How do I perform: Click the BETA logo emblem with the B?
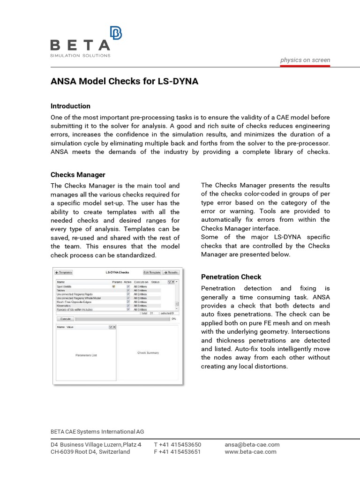pos(115,34)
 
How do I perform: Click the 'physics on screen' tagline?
pos(305,60)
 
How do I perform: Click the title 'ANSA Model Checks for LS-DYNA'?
pos(124,82)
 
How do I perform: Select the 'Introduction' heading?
pos(70,106)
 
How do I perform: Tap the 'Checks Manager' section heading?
pos(78,175)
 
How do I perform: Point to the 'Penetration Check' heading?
pos(231,277)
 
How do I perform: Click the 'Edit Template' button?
pos(152,272)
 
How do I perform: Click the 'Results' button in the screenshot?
pos(171,272)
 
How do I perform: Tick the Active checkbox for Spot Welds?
pos(128,286)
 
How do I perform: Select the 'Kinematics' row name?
pos(65,306)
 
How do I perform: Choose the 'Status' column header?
pos(155,282)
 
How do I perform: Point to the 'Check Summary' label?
pos(148,352)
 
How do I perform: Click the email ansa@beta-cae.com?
pos(252,444)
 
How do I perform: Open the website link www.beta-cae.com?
pos(250,452)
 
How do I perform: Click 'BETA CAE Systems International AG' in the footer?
pos(97,431)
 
